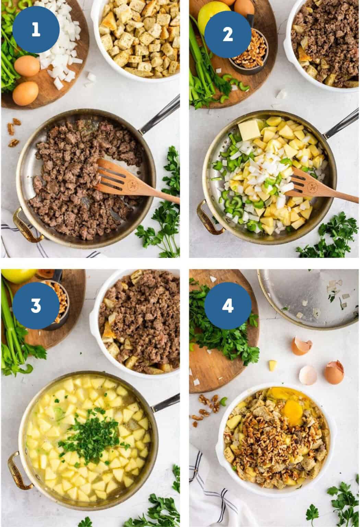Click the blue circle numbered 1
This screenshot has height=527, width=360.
(36, 30)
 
